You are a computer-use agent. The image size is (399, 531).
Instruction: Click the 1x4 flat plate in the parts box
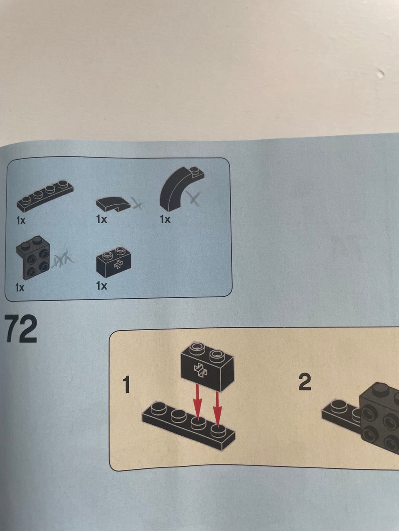tap(45, 197)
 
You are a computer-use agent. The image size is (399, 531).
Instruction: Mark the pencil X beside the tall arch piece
tap(193, 199)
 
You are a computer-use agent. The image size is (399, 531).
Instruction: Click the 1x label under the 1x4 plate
tap(21, 220)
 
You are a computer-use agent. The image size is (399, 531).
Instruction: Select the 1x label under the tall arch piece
tap(165, 219)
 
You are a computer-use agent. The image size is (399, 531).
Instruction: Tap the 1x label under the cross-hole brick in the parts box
tap(101, 286)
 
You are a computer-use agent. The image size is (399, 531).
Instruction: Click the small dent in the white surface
tap(381, 74)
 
